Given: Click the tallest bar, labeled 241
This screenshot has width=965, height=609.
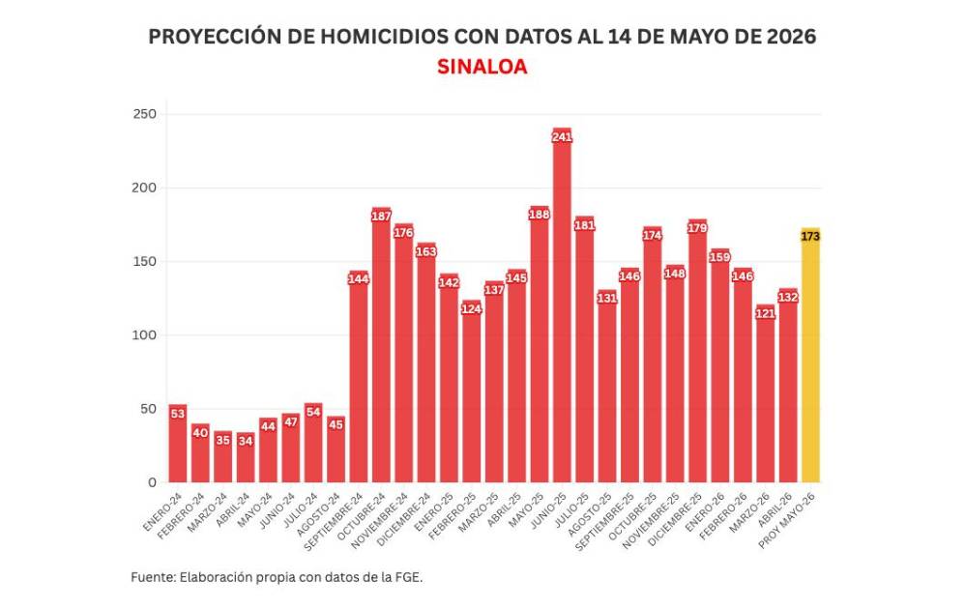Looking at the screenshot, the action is (x=562, y=305).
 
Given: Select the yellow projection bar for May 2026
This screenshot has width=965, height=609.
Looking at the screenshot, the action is (x=810, y=355).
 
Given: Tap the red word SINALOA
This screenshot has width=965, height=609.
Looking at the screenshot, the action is (x=482, y=67).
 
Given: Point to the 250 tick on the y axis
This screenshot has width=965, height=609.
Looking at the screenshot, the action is (x=145, y=114).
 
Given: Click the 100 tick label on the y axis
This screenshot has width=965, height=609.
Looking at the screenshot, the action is (x=145, y=335).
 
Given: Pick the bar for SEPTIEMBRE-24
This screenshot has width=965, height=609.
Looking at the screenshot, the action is (x=358, y=376).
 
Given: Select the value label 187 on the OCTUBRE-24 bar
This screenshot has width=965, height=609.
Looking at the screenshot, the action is (x=381, y=216).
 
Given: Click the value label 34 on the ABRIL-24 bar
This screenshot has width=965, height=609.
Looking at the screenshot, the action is (x=246, y=441).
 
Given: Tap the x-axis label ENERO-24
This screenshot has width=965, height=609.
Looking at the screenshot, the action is (x=162, y=511).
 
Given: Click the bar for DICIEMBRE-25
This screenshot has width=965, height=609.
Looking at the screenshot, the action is (x=697, y=351).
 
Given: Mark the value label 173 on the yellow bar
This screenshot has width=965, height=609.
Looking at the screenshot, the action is (x=810, y=236).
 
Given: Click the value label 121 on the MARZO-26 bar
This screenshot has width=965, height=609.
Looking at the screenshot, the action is (x=765, y=313).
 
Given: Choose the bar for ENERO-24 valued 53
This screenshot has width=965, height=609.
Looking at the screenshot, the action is (x=177, y=444).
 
